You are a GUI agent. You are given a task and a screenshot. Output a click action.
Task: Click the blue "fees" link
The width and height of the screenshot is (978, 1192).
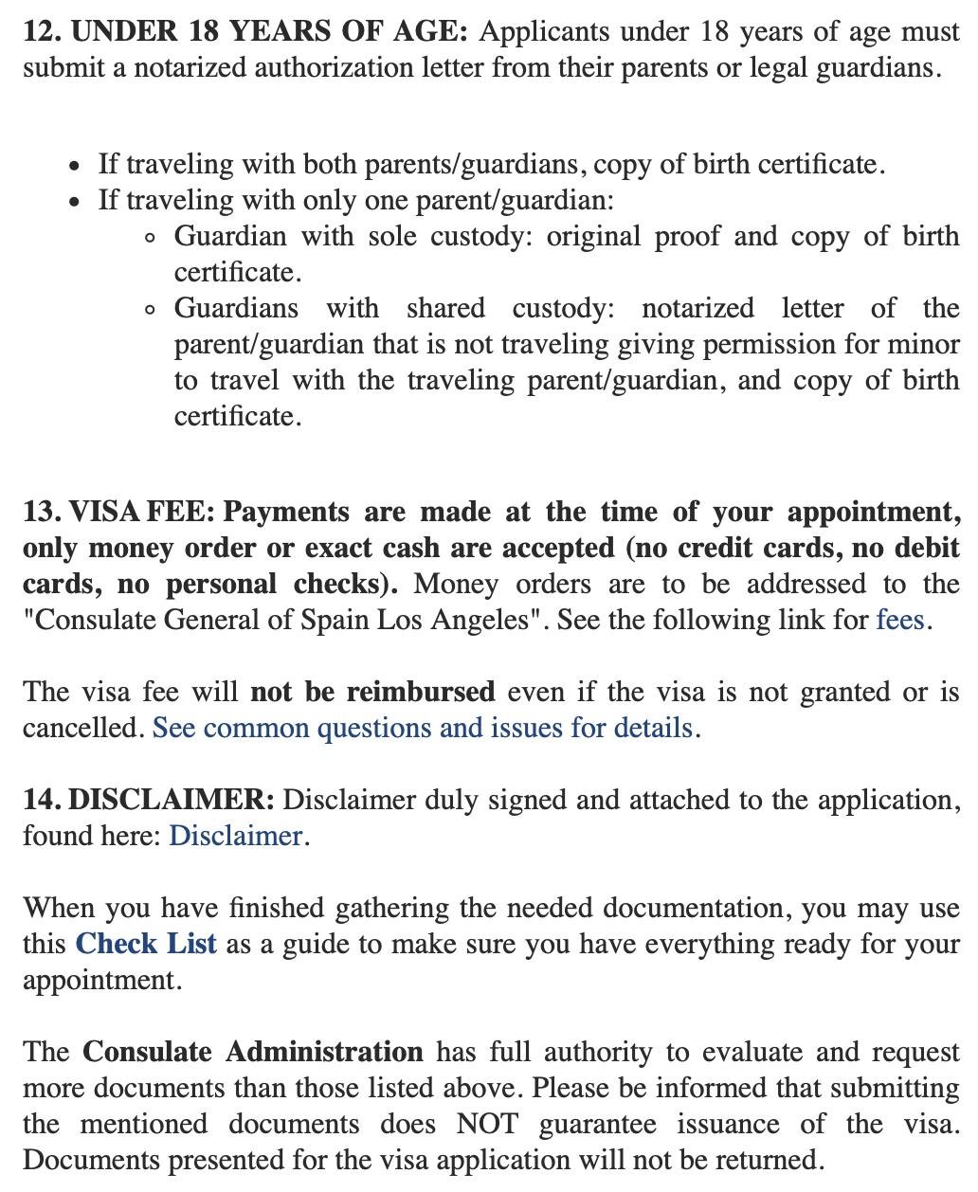tap(899, 621)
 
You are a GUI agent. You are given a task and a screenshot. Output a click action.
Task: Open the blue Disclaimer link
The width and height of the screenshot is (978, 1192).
tap(235, 837)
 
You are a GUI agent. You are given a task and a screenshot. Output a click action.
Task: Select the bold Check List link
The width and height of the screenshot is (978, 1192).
tap(146, 945)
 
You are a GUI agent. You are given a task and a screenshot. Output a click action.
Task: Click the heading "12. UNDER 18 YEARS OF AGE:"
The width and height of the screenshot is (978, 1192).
tap(245, 32)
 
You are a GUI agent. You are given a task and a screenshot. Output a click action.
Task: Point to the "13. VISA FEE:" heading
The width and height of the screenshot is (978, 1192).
tap(118, 513)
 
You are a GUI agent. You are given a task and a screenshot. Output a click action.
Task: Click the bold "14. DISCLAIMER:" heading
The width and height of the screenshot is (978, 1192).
tap(149, 801)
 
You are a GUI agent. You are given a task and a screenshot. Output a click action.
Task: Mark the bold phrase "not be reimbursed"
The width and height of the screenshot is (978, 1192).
tap(372, 693)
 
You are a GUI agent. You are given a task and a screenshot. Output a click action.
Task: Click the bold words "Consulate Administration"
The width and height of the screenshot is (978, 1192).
tap(253, 1053)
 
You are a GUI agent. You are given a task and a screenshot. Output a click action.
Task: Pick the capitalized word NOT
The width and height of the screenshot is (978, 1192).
tap(487, 1125)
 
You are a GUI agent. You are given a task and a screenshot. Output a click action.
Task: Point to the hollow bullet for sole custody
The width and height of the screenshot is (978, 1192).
tap(151, 238)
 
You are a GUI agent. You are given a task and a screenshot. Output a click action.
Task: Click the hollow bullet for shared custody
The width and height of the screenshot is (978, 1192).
tap(151, 310)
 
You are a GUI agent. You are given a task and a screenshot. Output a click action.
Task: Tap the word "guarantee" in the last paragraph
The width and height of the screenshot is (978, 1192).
tap(597, 1125)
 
